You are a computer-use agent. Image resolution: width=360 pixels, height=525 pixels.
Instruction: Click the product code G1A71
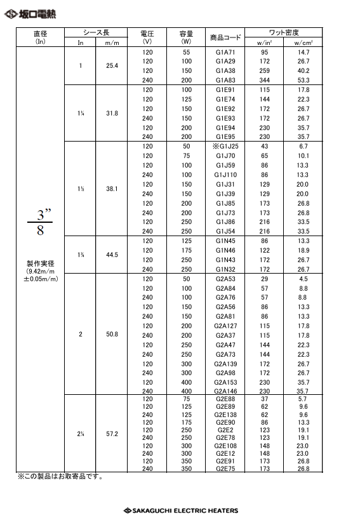point(225,51)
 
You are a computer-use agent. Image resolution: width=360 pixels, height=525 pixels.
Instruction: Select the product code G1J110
point(225,175)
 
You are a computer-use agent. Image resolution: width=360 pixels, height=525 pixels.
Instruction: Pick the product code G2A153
point(225,383)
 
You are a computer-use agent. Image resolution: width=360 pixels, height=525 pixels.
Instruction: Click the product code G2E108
point(225,446)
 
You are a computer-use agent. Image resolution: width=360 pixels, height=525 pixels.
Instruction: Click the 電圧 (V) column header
point(147,37)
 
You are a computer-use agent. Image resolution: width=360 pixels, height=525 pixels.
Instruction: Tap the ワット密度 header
point(284,32)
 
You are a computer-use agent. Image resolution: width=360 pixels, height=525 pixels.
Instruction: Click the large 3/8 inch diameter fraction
point(40,222)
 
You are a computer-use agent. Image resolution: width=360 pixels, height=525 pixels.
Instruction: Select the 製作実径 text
point(40,263)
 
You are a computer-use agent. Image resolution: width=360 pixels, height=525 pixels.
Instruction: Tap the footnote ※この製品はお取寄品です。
point(60,477)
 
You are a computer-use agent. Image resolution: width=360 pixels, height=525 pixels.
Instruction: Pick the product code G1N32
point(225,269)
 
